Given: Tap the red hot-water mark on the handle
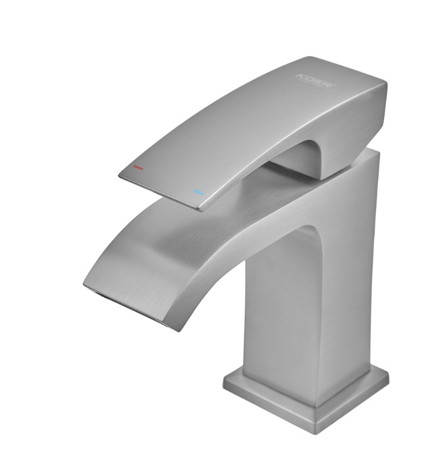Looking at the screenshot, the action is pyautogui.click(x=139, y=168).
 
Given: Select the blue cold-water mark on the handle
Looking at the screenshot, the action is pyautogui.click(x=199, y=192).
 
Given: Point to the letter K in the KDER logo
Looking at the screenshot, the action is pyautogui.click(x=300, y=75).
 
